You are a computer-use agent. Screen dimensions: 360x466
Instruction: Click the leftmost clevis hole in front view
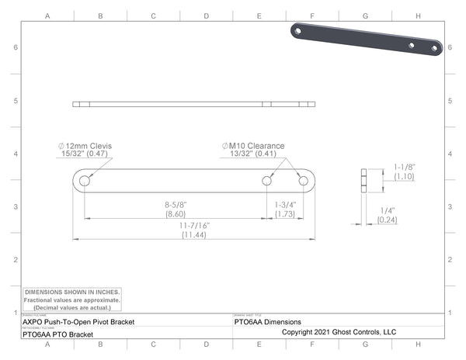pos(84,181)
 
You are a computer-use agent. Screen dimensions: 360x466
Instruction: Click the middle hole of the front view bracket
pos(266,181)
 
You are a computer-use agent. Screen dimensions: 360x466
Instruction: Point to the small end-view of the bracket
pos(364,181)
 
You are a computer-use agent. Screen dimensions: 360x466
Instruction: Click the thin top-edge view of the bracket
pos(194,104)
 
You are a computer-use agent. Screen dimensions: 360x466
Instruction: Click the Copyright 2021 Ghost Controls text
pos(339,332)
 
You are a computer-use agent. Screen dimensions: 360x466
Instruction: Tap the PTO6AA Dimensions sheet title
pos(268,321)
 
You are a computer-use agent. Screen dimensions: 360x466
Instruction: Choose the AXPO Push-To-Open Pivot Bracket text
pos(78,321)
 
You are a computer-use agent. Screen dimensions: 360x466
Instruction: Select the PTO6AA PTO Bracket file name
pos(58,334)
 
